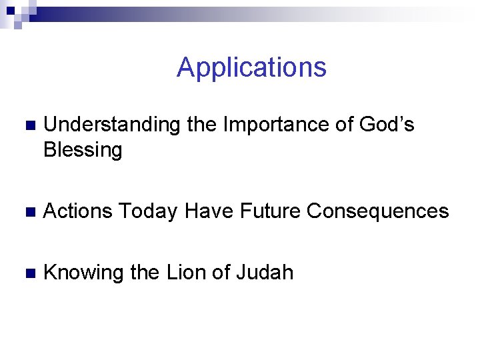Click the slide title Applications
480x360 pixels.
click(251, 67)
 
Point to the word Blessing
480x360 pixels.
click(83, 150)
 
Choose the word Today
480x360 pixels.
click(147, 211)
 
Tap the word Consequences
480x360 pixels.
click(378, 211)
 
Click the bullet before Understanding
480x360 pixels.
click(27, 126)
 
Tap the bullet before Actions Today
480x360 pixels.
click(27, 212)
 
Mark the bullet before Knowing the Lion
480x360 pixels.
click(27, 273)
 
